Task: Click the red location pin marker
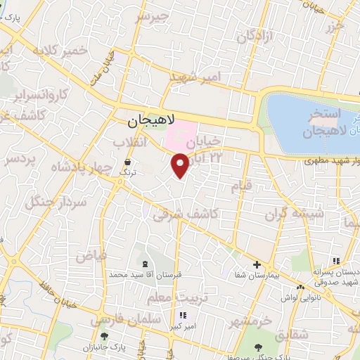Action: (x=181, y=165)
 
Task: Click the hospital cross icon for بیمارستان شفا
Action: (x=257, y=265)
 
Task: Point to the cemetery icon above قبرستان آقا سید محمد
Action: (x=146, y=264)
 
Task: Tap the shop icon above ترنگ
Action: (x=128, y=162)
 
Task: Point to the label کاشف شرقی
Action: (x=186, y=214)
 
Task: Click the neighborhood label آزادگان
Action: (x=253, y=39)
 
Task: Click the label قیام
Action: (x=241, y=187)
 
